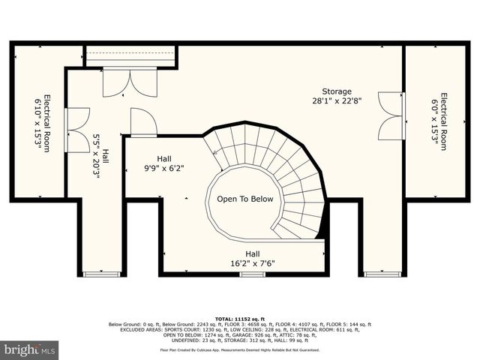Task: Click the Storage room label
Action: (x=337, y=91)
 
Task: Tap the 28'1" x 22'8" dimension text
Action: (x=337, y=101)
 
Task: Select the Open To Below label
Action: (x=244, y=199)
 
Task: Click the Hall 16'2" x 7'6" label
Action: (x=246, y=259)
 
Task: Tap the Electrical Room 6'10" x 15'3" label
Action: (x=41, y=122)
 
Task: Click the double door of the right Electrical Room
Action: (x=391, y=116)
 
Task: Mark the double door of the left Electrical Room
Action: (x=77, y=130)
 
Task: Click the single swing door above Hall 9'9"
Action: (x=142, y=122)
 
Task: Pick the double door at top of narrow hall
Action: (x=130, y=82)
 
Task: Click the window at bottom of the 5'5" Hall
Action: (x=101, y=274)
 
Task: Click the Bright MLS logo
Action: (x=30, y=349)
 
